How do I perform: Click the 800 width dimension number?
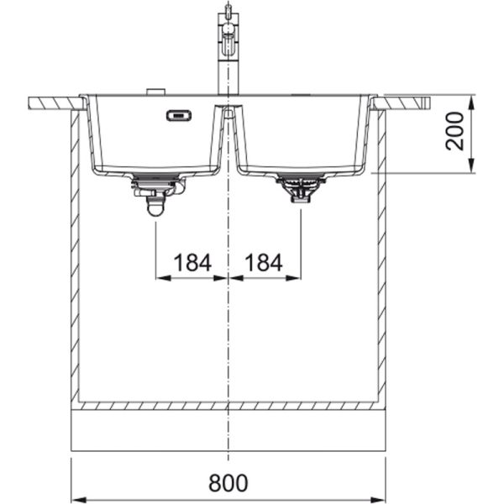point(228,482)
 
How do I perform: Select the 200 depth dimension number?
point(454,131)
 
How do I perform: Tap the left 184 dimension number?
point(192,263)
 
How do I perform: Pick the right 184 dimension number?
point(264,263)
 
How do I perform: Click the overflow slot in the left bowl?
point(179,115)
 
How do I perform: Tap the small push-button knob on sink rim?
point(156,92)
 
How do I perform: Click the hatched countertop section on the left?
point(57,103)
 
